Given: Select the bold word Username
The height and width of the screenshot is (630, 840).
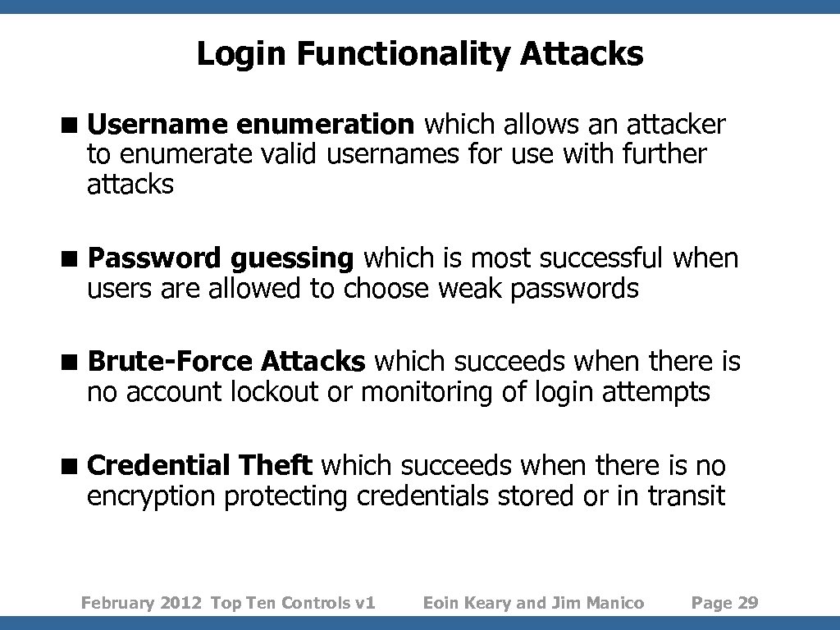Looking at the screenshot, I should click(157, 125).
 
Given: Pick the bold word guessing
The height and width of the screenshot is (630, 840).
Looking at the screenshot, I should click(291, 259).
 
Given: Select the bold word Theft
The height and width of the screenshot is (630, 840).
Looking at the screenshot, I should click(276, 467).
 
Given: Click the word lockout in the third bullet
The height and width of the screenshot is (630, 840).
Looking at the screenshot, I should click(274, 393).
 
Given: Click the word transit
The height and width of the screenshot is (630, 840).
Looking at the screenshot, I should click(686, 497).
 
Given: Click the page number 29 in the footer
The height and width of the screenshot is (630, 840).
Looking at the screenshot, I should click(748, 604).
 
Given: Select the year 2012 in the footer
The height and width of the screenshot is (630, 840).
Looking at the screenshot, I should click(180, 604).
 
